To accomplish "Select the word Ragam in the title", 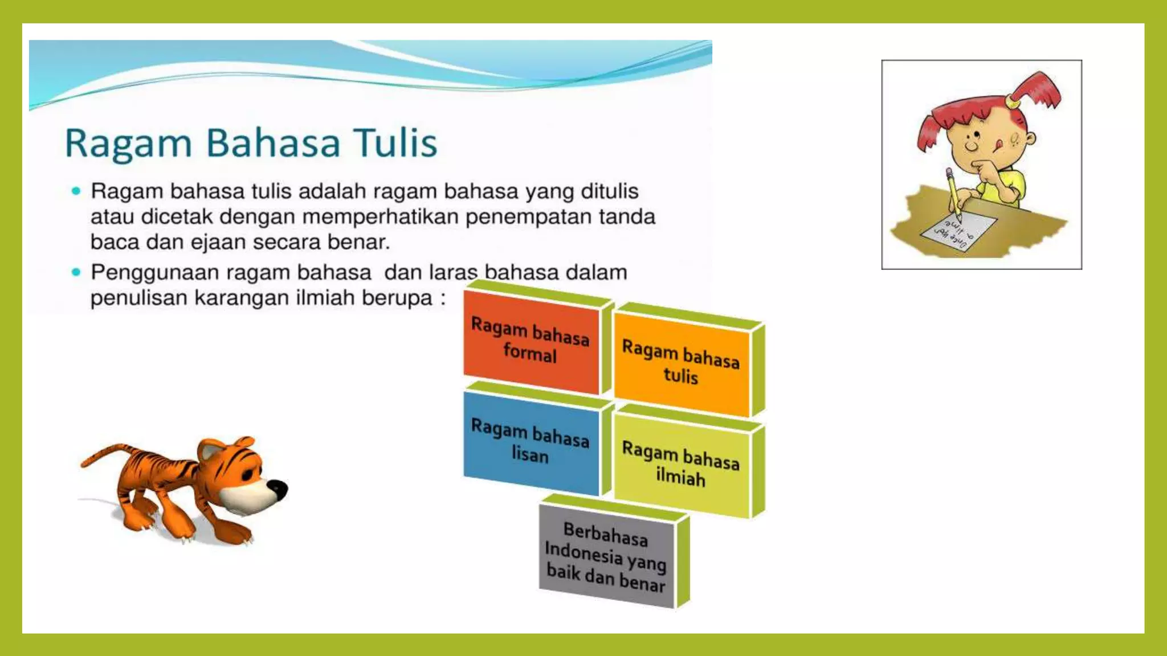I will point(128,143).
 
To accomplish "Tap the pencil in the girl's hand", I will point(953,194).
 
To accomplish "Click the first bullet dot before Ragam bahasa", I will point(76,191).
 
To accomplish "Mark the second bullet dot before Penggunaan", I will point(76,272).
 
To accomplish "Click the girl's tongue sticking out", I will point(996,147).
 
